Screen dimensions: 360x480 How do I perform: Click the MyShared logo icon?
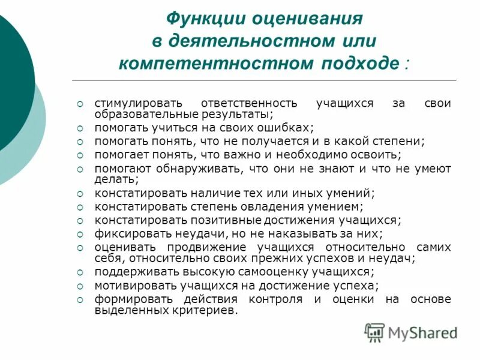pyautogui.click(x=375, y=331)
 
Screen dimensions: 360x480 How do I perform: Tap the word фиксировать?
pyautogui.click(x=125, y=233)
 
